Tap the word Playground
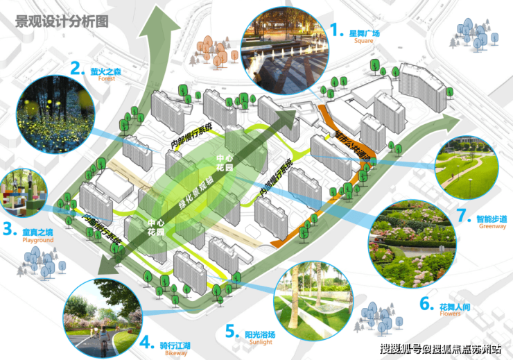click(38, 240)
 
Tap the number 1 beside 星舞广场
click(336, 31)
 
